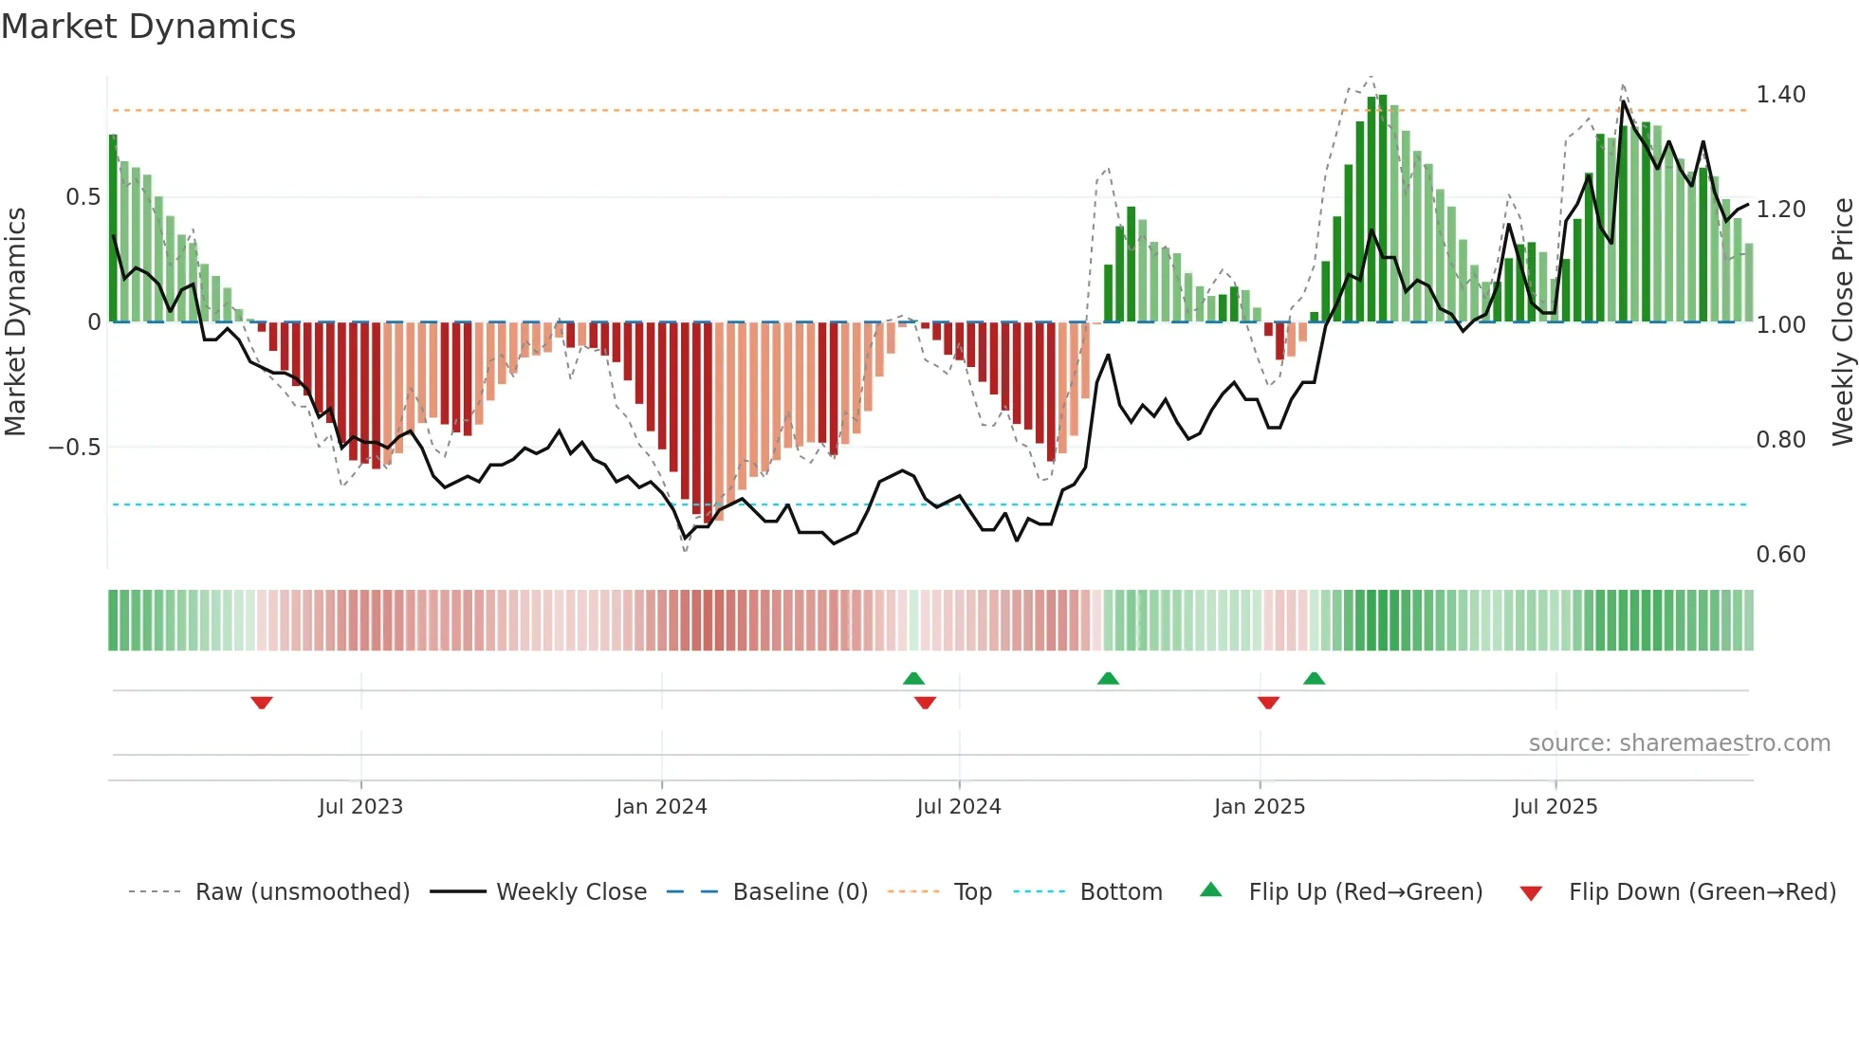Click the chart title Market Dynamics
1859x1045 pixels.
point(148,27)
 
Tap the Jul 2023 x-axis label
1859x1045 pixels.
point(360,807)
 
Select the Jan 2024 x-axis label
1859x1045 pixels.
point(661,807)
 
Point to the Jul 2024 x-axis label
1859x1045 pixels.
point(958,807)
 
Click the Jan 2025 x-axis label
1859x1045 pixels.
point(1259,807)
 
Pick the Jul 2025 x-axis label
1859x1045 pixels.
point(1555,807)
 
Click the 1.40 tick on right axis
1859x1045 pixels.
point(1780,95)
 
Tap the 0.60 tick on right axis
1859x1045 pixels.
point(1780,555)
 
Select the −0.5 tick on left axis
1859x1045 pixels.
point(75,448)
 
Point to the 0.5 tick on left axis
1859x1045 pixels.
point(83,197)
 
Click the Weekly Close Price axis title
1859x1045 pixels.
point(1842,322)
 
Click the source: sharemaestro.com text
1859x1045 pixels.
point(1679,743)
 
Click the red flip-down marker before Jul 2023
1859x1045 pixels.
point(262,703)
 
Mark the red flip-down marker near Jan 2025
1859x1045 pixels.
point(1268,703)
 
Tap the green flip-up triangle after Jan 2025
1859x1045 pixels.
point(1314,678)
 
